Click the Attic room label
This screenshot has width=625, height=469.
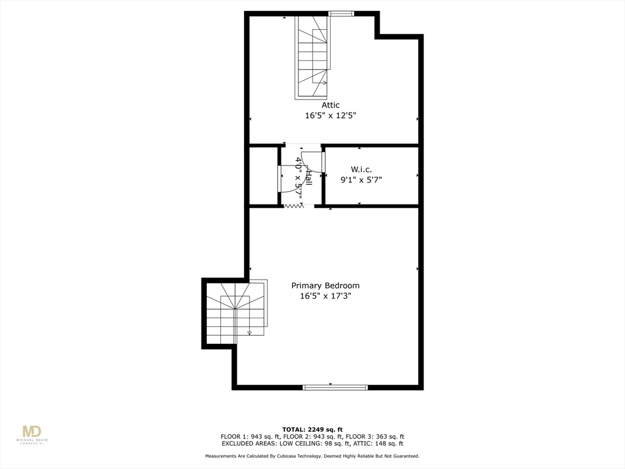331,105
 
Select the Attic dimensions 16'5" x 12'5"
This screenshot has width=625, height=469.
331,115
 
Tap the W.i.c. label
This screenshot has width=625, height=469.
361,169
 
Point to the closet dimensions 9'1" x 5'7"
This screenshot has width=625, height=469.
361,180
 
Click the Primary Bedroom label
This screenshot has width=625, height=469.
325,286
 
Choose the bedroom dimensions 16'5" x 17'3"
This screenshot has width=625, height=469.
325,296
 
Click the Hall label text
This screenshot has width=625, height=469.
309,178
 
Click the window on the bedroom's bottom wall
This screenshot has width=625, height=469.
335,387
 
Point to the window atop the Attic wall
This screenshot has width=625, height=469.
341,13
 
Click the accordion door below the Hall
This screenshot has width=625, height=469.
294,206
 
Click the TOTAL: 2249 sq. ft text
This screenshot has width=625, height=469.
312,429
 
